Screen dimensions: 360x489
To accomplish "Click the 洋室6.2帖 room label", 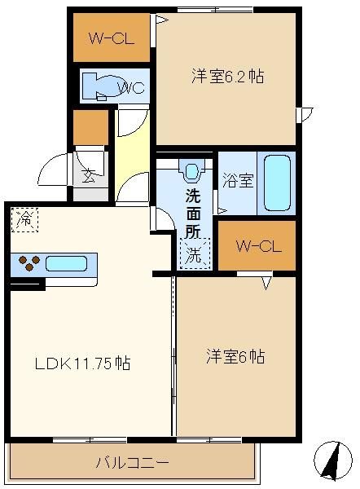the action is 227,76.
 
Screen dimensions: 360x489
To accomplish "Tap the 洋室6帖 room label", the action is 235,356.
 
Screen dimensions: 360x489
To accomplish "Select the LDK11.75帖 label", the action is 82,363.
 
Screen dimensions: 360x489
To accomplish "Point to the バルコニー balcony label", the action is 132,462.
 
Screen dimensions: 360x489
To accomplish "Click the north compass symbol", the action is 332,460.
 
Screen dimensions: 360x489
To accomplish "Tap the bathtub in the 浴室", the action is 277,183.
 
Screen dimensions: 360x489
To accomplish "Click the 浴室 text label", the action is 238,180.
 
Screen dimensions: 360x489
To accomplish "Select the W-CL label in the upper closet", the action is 112,38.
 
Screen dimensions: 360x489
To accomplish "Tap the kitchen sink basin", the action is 66,263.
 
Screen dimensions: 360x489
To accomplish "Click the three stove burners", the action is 29,263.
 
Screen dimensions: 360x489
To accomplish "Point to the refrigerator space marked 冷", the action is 24,220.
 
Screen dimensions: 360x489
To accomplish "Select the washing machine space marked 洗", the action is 195,253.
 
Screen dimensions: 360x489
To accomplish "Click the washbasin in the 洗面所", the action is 191,171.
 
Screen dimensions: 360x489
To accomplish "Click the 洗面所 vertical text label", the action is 193,214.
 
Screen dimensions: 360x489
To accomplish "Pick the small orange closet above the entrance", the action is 90,127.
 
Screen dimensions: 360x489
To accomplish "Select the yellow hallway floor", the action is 132,154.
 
